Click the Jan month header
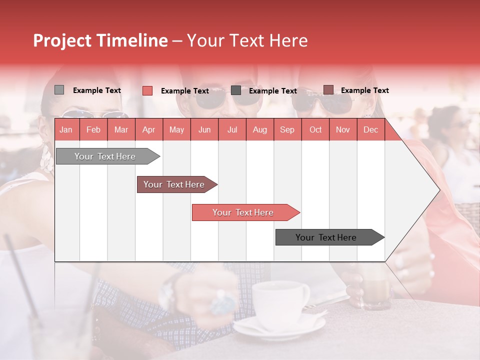(66, 129)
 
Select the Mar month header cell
(121, 129)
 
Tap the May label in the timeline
(176, 129)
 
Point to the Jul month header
(232, 129)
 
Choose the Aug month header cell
(259, 129)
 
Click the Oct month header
(315, 129)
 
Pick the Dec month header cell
(370, 129)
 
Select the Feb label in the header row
(93, 129)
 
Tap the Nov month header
(342, 129)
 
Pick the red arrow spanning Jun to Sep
(243, 212)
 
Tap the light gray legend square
(59, 90)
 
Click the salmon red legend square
(147, 90)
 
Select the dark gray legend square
(236, 90)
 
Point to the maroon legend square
(328, 90)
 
